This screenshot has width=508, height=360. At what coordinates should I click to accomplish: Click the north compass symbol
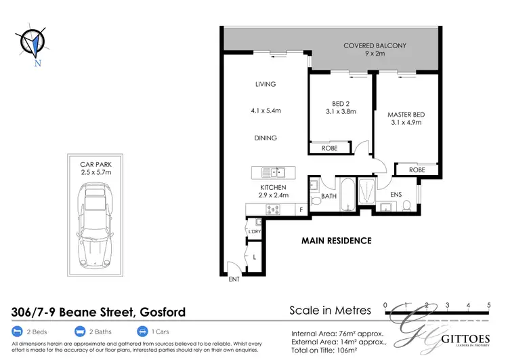click(31, 43)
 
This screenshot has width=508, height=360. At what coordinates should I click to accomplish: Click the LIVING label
click(266, 85)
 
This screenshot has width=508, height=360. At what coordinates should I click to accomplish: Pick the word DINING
click(266, 138)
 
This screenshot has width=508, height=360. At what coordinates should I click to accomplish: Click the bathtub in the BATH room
click(346, 193)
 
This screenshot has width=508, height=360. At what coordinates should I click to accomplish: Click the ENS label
click(396, 196)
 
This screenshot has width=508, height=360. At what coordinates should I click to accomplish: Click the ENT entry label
click(234, 279)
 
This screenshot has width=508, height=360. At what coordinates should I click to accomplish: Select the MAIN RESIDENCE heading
click(336, 241)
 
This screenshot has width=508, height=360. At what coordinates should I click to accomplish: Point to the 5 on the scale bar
click(488, 305)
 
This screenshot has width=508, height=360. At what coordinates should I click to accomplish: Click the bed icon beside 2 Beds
click(18, 332)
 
